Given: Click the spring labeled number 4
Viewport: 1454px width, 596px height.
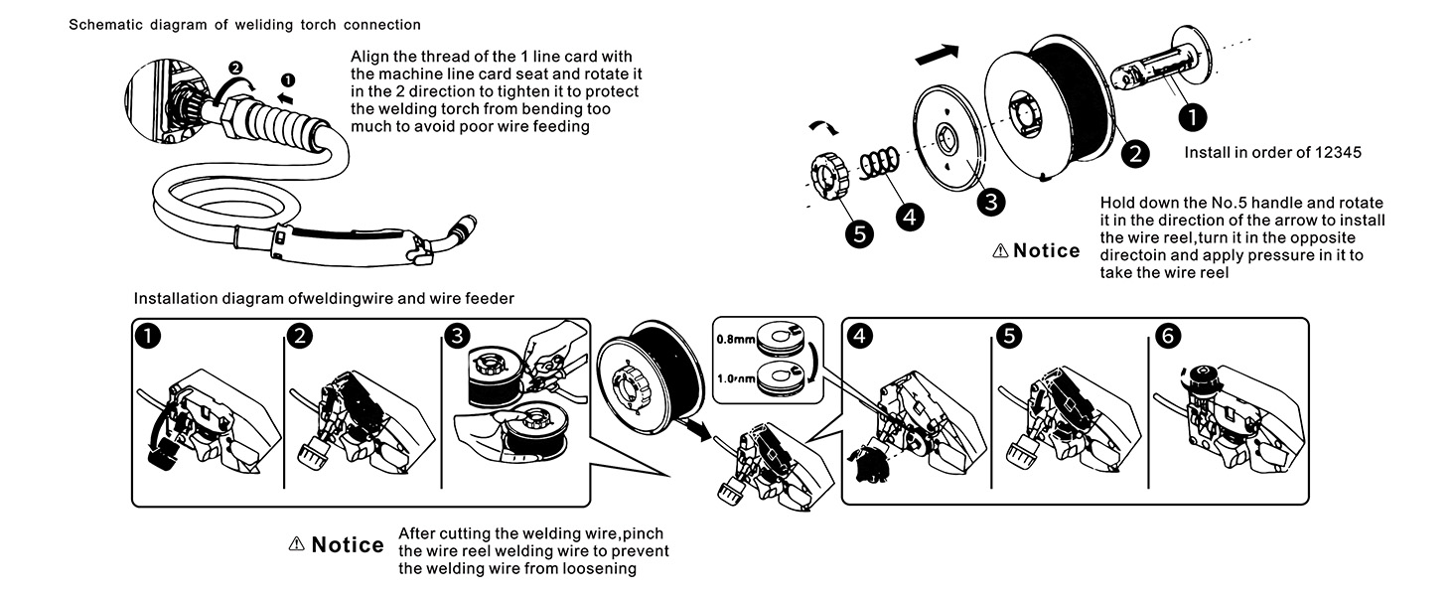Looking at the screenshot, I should (878, 162).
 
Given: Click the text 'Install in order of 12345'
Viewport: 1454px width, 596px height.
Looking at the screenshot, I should (1272, 154).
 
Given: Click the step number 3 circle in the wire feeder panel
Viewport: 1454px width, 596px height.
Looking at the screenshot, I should (456, 336).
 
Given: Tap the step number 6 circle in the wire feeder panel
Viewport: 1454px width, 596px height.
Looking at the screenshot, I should (1169, 336).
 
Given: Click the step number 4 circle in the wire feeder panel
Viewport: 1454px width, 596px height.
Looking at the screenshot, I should (860, 336).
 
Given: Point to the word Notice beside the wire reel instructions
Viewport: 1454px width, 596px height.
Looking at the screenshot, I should (1046, 250).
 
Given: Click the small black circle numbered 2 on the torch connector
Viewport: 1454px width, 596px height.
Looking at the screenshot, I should (235, 68).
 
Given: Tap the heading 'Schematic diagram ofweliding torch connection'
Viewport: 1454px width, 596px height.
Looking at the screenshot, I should (244, 24).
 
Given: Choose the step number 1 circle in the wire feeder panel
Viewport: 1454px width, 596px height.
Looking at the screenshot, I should (148, 336).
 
